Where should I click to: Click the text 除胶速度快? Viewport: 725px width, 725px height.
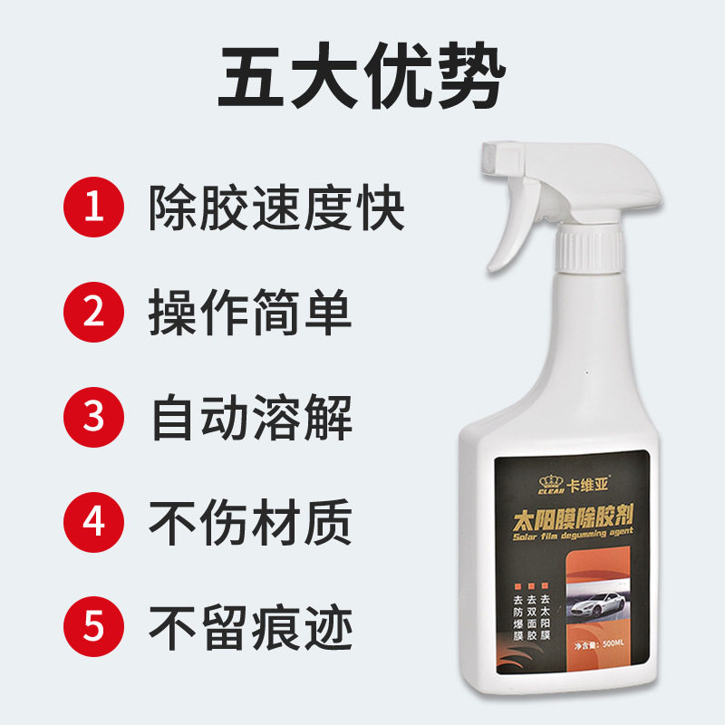point(276,209)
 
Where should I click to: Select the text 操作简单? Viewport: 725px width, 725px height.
point(250,314)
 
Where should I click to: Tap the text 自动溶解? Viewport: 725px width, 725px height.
point(250,418)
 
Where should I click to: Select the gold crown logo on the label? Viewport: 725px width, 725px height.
point(546,482)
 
